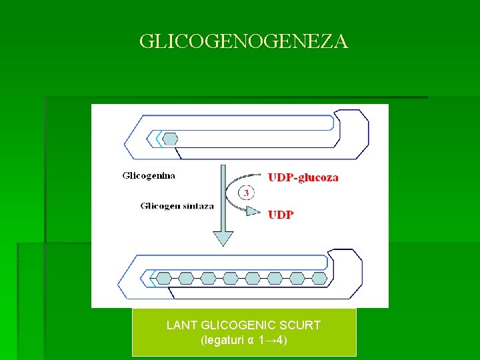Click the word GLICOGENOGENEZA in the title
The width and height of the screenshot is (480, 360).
243,42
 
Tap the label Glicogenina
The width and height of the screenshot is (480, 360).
149,176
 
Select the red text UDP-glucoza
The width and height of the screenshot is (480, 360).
303,177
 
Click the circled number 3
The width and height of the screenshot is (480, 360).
247,193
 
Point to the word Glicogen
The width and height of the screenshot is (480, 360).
160,206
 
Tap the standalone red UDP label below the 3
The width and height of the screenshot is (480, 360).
281,215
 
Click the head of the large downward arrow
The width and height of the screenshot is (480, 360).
222,237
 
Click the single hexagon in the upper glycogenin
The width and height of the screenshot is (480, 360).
171,139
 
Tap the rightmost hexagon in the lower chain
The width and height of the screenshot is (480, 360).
319,278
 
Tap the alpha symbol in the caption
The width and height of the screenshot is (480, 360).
251,341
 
